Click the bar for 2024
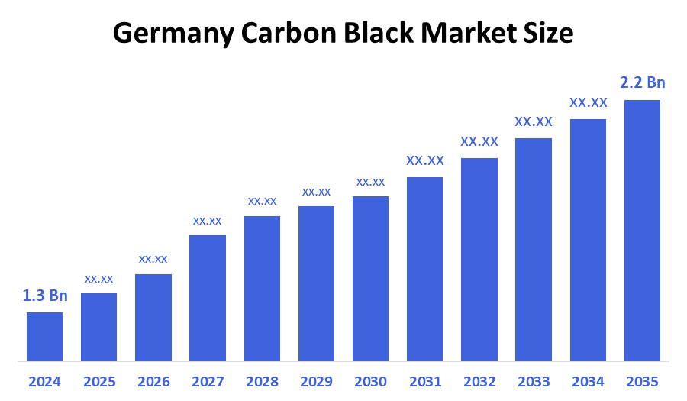pyautogui.click(x=44, y=336)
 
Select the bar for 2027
pyautogui.click(x=208, y=298)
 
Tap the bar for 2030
pyautogui.click(x=370, y=279)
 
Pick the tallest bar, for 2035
pyautogui.click(x=642, y=229)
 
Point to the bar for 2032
pyautogui.click(x=479, y=260)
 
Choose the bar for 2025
pyautogui.click(x=98, y=327)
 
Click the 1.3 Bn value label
pyautogui.click(x=45, y=296)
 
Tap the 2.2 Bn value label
pyautogui.click(x=643, y=82)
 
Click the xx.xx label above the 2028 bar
pyautogui.click(x=262, y=201)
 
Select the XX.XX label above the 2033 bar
pyautogui.click(x=534, y=121)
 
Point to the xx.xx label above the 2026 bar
pyautogui.click(x=153, y=259)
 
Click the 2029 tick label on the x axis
pyautogui.click(x=316, y=381)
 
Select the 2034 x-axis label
pyautogui.click(x=588, y=381)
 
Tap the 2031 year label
pyautogui.click(x=424, y=381)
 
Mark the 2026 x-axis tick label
pyautogui.click(x=153, y=381)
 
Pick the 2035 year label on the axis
pyautogui.click(x=642, y=381)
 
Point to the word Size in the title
pyautogui.click(x=550, y=33)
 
